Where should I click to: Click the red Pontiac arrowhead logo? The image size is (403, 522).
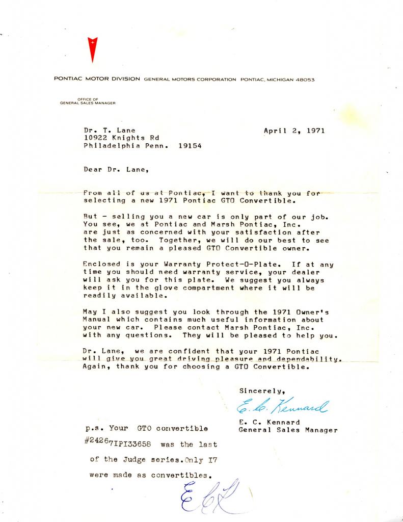pos(92,49)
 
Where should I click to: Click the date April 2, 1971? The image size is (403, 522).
pos(294,130)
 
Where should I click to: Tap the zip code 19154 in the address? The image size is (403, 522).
pos(190,145)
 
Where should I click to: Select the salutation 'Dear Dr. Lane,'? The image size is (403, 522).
pos(117,170)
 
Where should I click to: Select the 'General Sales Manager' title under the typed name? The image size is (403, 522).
pos(288,430)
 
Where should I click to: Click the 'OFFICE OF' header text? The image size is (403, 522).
pos(87,99)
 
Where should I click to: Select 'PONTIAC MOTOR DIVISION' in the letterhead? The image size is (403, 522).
pos(97,80)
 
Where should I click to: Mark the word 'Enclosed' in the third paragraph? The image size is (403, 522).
pos(101,264)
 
